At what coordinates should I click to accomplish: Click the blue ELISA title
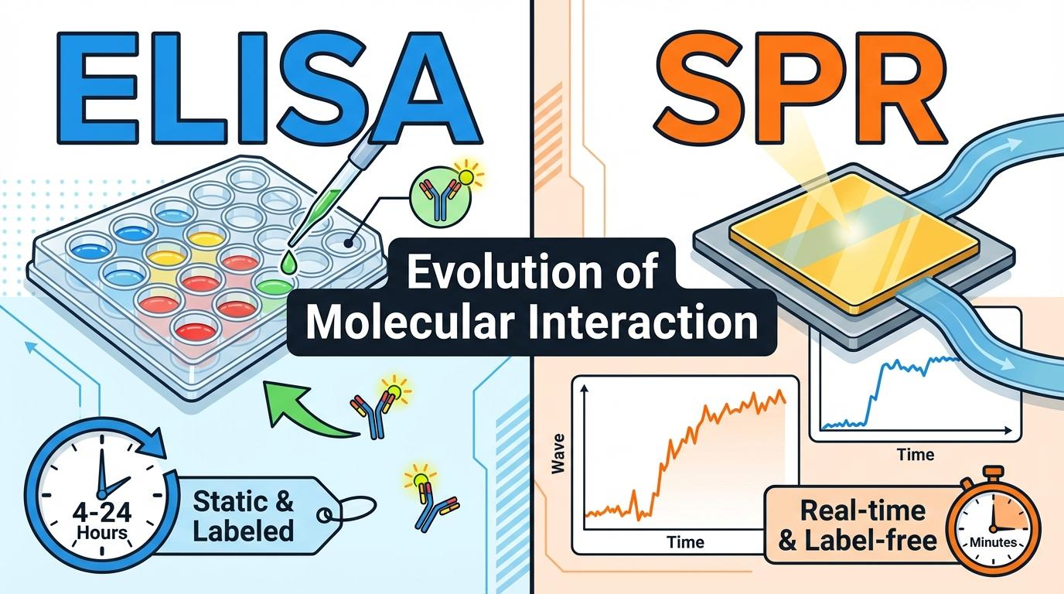(x=269, y=87)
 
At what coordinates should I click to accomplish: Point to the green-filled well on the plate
(x=275, y=286)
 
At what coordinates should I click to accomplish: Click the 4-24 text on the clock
(x=101, y=513)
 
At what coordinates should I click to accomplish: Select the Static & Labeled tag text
(x=244, y=516)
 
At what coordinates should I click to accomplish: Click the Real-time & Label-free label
(x=858, y=526)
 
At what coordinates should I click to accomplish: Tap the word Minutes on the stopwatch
(x=993, y=542)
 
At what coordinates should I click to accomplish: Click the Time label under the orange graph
(x=685, y=541)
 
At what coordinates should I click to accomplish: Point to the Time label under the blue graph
(x=916, y=455)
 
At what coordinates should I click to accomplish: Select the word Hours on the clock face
(x=101, y=532)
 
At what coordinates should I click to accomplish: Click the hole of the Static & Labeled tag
(x=325, y=514)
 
